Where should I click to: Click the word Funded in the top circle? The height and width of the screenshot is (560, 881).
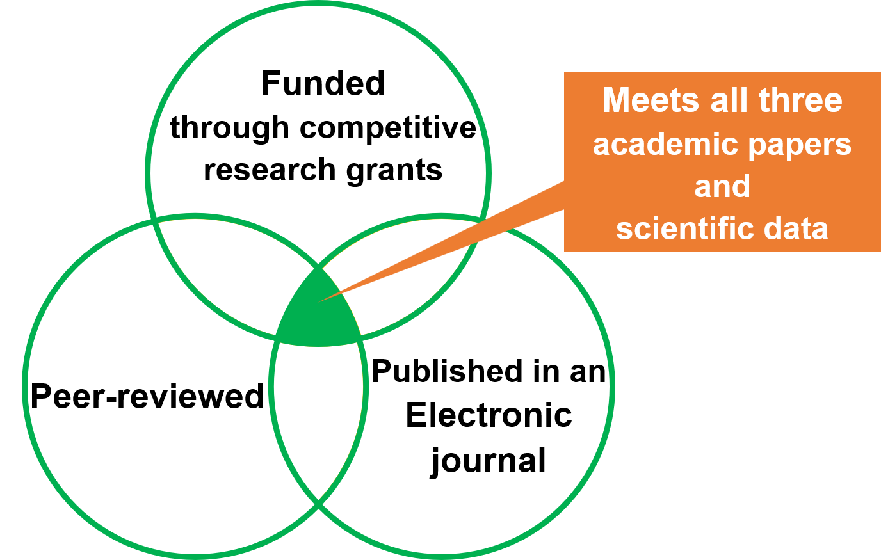click(x=323, y=84)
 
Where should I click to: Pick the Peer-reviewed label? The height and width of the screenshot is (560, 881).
click(x=147, y=396)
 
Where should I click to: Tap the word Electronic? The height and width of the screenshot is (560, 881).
click(x=489, y=415)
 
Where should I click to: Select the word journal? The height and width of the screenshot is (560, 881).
click(x=488, y=461)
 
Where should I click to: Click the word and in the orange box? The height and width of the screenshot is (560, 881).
click(x=722, y=186)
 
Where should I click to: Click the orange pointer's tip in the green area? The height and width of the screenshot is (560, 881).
click(x=320, y=300)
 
